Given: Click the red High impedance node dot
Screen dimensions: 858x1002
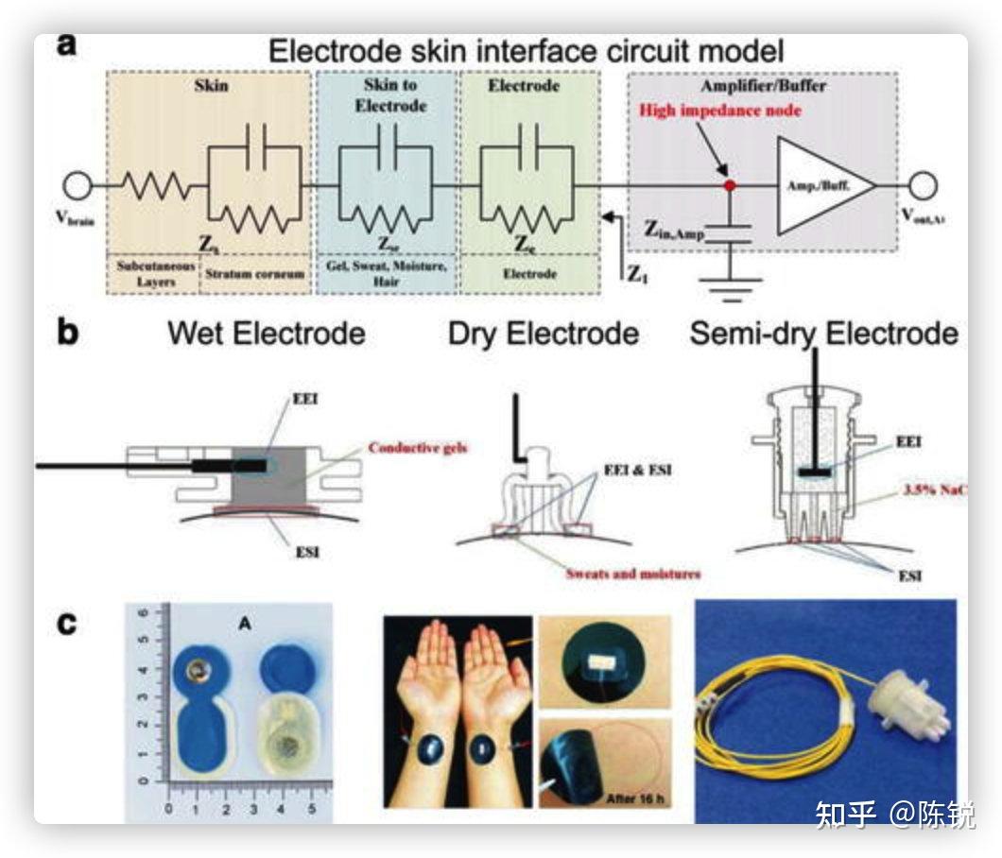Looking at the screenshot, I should coord(729,185).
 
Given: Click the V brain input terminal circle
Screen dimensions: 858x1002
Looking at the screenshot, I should coord(76,185).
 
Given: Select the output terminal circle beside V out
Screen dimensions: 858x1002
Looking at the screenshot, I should coord(923,185).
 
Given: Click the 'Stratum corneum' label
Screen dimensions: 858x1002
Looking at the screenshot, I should coord(254,273).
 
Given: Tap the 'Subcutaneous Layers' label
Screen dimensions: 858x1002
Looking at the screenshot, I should coord(153,273).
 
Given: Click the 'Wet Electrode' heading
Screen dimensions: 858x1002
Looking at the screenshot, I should coord(266,334).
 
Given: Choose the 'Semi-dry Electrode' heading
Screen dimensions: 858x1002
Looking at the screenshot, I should coord(823,334).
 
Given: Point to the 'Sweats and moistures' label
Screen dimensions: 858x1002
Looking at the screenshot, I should coord(633,573).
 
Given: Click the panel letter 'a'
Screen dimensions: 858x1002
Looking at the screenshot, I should coord(66,46).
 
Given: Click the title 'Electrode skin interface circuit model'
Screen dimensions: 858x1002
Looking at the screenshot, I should coord(526,50).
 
